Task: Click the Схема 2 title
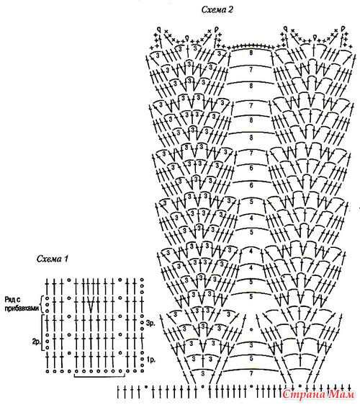tap(217, 10)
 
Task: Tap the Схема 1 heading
tap(53, 259)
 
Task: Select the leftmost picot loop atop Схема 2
tap(159, 29)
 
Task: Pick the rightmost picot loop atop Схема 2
tap(343, 29)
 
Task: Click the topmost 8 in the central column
tap(251, 53)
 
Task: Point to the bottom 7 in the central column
tap(251, 373)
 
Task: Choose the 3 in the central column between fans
tap(251, 344)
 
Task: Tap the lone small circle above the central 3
tap(251, 330)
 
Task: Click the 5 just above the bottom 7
tap(251, 358)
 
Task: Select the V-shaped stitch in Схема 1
tap(91, 304)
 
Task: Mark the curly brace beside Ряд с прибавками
tap(42, 304)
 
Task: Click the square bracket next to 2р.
tap(42, 333)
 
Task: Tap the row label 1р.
tap(150, 360)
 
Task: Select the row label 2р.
tap(36, 342)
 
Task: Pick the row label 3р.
tap(150, 323)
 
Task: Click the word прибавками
tap(22, 308)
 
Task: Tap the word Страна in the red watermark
tap(304, 394)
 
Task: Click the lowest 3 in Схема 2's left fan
tap(203, 373)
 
